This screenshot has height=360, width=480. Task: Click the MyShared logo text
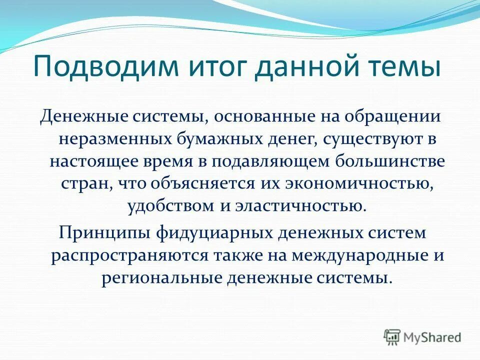tap(432, 337)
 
